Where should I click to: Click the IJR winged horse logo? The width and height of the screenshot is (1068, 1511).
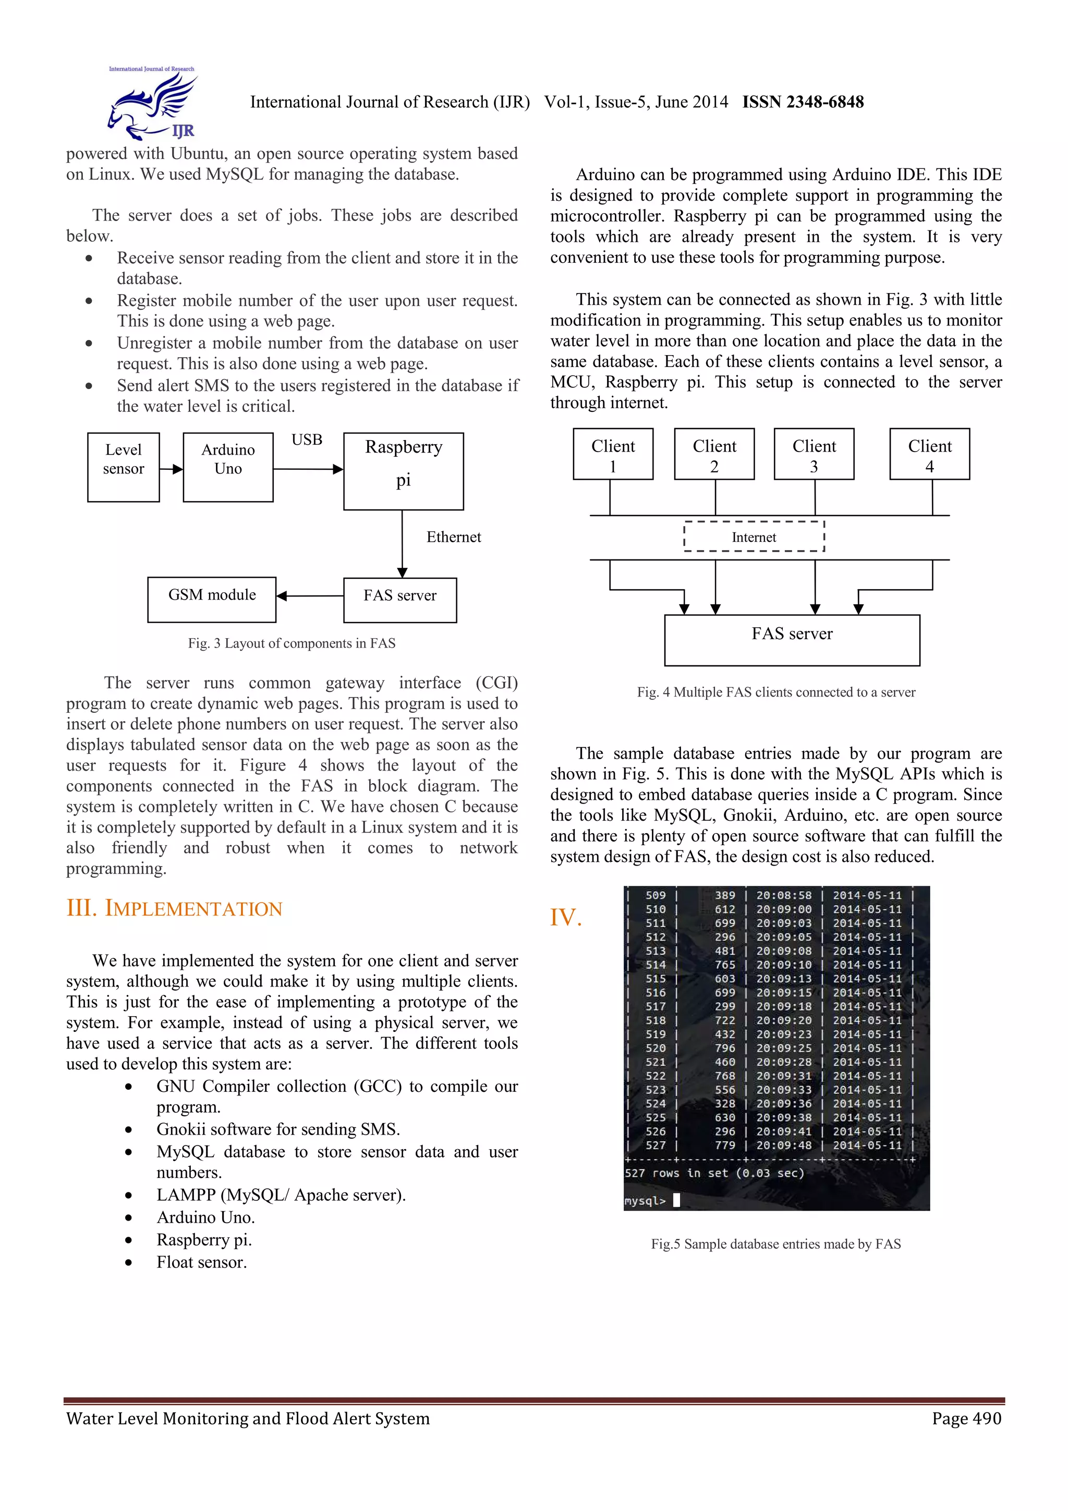pyautogui.click(x=152, y=104)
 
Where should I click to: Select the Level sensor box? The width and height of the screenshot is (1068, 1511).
pyautogui.click(x=123, y=467)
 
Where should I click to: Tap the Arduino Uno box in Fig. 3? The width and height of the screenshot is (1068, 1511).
pyautogui.click(x=228, y=467)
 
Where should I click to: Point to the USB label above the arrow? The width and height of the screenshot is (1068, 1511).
pyautogui.click(x=307, y=440)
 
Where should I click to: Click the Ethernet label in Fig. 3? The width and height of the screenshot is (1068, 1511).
pyautogui.click(x=453, y=537)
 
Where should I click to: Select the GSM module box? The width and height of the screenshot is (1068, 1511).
pyautogui.click(x=211, y=599)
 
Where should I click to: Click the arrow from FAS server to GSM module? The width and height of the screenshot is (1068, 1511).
pyautogui.click(x=309, y=595)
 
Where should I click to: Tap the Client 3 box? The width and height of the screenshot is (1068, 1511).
pyautogui.click(x=814, y=454)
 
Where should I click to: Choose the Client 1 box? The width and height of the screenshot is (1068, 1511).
pyautogui.click(x=613, y=454)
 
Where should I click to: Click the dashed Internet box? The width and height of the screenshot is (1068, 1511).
pyautogui.click(x=754, y=537)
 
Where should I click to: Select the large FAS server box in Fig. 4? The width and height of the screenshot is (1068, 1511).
pyautogui.click(x=792, y=640)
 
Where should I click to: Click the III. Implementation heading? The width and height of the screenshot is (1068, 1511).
pyautogui.click(x=174, y=908)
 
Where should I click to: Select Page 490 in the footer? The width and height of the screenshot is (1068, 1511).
pyautogui.click(x=966, y=1418)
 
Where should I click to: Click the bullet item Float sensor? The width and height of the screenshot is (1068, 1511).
pyautogui.click(x=201, y=1262)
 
